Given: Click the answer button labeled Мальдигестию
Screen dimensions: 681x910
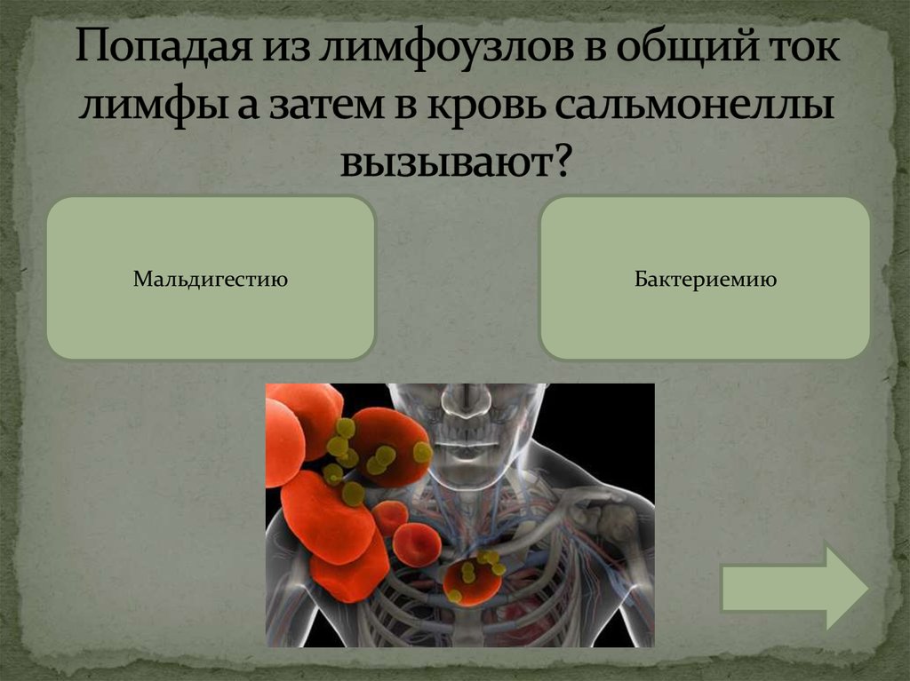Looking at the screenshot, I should pos(211,279).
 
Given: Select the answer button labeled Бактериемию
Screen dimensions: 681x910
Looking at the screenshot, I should pos(705,279).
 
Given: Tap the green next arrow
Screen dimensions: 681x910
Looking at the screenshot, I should pos(794,587).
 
